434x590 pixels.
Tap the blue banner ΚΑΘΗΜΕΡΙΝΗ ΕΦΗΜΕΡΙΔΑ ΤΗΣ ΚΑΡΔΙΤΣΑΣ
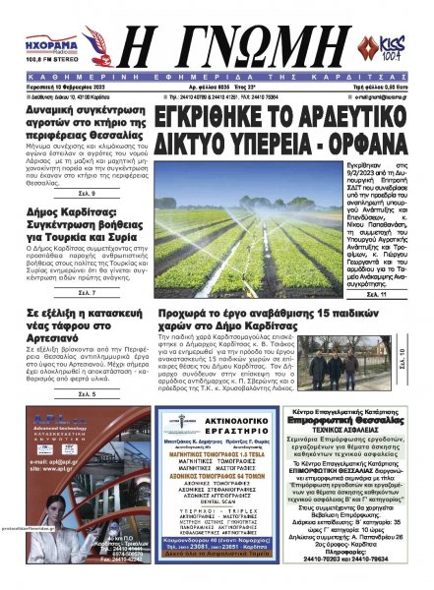pos(217,73)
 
